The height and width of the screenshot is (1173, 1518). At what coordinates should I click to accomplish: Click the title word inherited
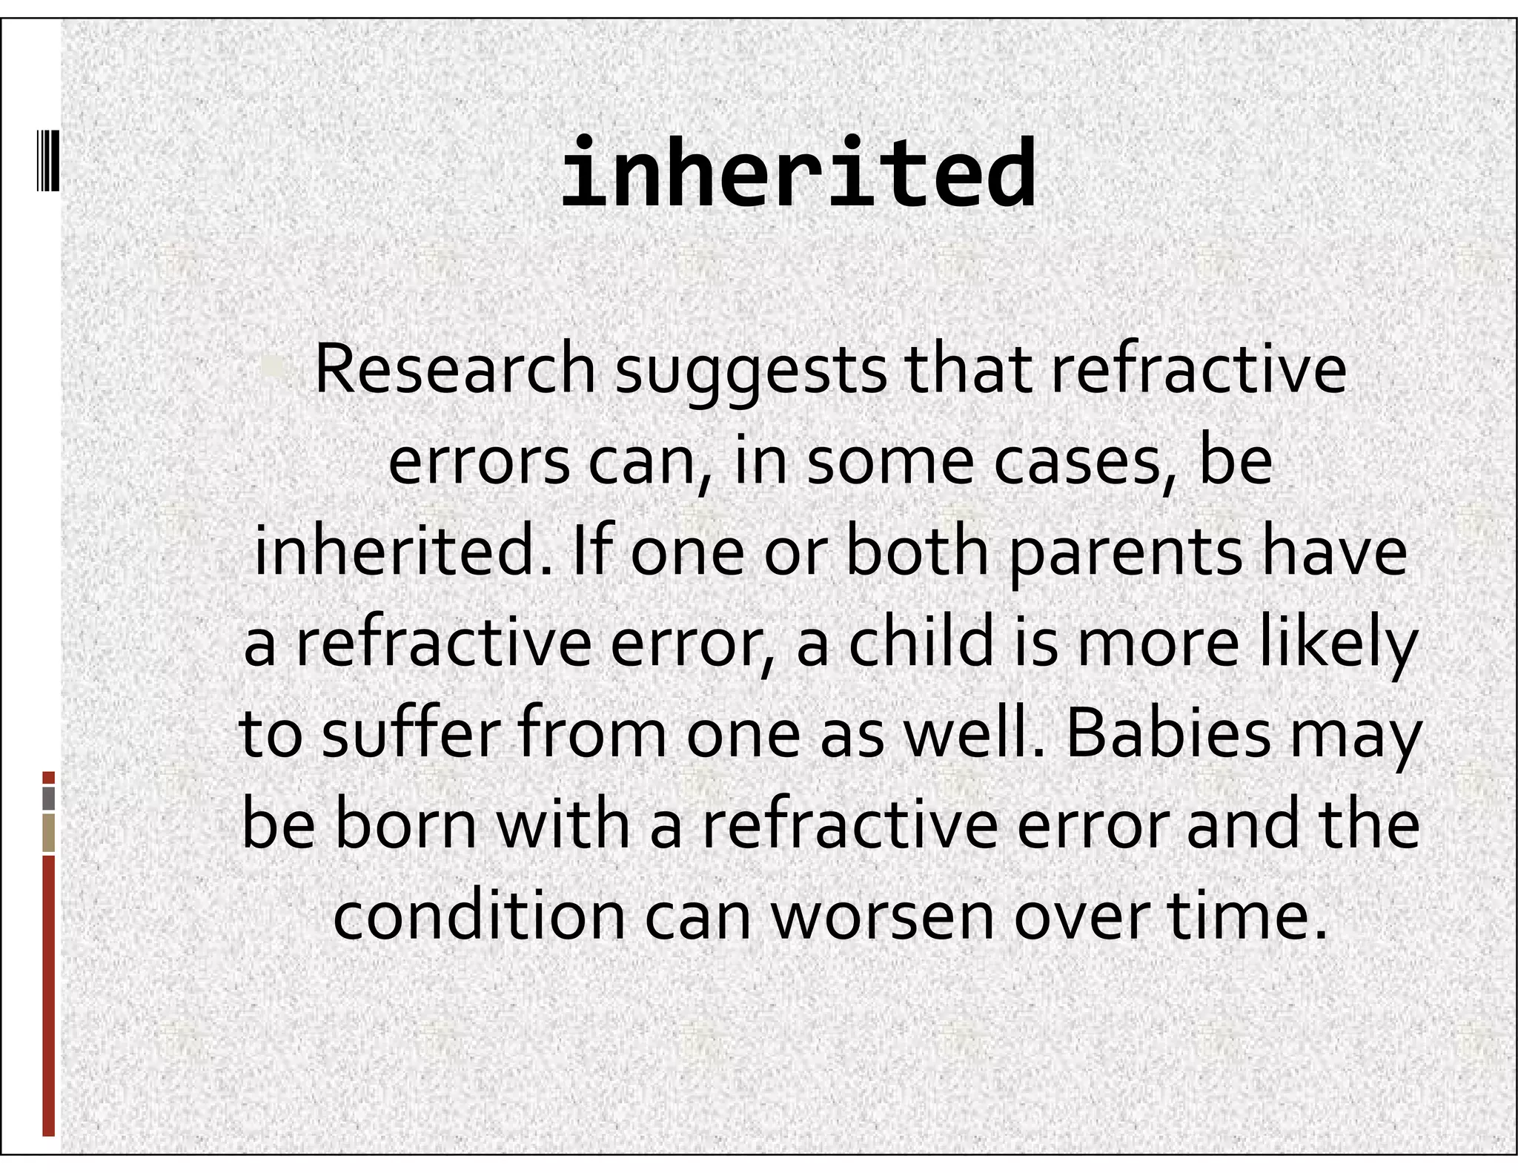click(798, 175)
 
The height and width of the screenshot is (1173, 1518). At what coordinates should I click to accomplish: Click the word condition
click(480, 916)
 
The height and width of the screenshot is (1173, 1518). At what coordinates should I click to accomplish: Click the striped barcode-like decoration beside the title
click(48, 159)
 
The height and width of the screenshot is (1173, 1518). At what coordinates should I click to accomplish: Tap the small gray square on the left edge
click(48, 798)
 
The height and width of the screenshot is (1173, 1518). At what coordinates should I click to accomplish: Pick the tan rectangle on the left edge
click(48, 833)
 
